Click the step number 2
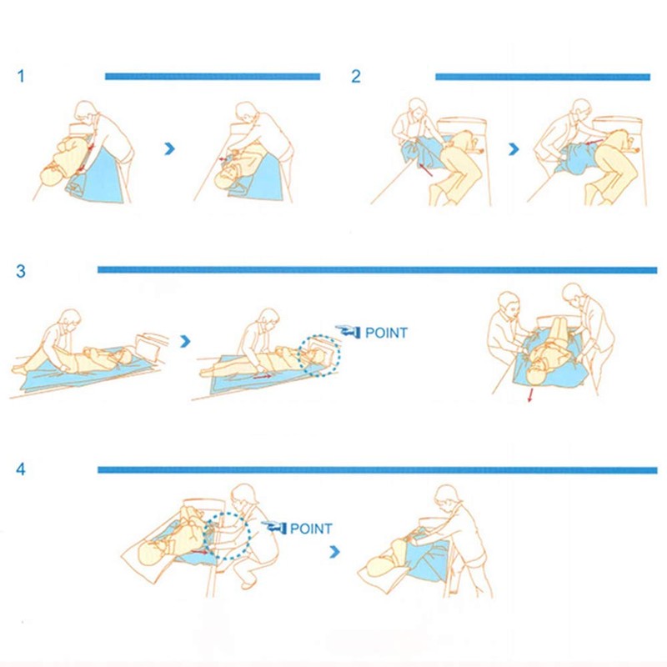tap(356, 77)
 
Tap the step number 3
tap(21, 271)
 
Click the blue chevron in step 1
tap(171, 148)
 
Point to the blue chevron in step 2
tap(514, 149)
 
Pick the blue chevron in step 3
tap(185, 340)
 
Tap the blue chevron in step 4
tap(334, 551)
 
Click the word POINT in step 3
tap(387, 333)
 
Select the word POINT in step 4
tap(311, 529)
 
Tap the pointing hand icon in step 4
tap(273, 527)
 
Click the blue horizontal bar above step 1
tap(212, 77)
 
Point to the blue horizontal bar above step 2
tap(542, 77)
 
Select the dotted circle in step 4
tap(228, 538)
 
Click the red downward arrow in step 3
tap(529, 399)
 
